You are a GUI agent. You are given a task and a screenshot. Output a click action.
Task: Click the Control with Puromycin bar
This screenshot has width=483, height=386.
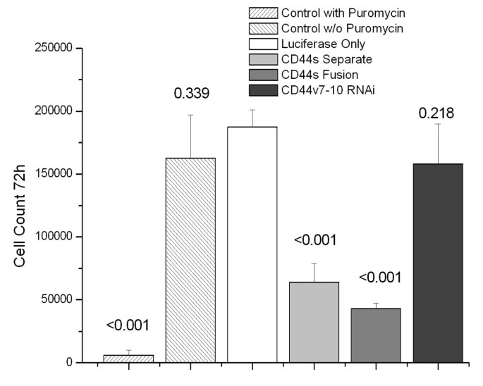coord(128,359)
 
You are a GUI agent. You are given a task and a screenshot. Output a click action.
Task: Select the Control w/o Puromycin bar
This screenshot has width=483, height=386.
coord(190,260)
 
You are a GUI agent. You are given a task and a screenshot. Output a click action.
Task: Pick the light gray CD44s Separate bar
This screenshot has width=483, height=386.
coord(314,322)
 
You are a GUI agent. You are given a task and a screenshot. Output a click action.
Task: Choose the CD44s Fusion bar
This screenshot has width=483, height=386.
coord(376,335)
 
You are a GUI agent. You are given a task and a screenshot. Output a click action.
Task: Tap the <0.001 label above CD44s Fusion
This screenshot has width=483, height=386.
coord(376,277)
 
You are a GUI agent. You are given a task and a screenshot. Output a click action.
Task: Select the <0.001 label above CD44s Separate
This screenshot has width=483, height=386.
coord(314,241)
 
